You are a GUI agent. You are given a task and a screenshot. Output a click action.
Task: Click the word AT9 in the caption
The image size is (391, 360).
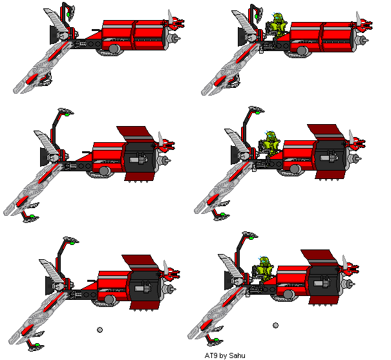211,355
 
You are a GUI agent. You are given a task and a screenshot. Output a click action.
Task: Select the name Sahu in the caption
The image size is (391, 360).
237,355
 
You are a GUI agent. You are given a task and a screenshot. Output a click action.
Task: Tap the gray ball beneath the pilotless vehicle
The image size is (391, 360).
100,330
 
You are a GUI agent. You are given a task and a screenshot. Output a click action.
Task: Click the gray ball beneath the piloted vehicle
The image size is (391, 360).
275,325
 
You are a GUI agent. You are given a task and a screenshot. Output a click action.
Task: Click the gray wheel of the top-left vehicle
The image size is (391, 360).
114,48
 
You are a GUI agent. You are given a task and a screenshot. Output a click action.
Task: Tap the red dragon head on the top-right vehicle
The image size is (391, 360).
365,25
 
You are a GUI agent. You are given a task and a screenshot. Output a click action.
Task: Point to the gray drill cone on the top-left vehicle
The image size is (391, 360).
174,39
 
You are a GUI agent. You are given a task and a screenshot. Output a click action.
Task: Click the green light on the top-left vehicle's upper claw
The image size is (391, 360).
68,15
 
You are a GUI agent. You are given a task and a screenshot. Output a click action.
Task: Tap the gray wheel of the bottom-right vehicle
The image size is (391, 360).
288,295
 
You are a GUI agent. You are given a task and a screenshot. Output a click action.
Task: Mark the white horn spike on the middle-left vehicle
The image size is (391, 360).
161,138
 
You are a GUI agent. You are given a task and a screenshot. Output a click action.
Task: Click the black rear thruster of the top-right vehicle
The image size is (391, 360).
242,37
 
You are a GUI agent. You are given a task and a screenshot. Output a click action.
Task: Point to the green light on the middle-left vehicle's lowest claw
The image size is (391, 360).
32,216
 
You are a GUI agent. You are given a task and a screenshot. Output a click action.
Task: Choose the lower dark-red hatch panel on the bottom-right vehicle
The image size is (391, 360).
324,301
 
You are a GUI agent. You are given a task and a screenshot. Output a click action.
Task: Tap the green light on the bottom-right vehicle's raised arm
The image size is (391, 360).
251,238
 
